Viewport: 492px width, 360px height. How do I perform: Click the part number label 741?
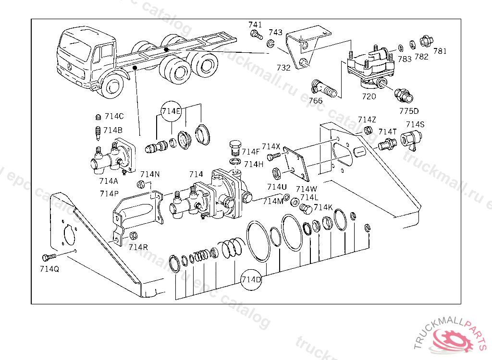[x=255, y=24]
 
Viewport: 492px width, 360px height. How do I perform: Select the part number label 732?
[x=283, y=68]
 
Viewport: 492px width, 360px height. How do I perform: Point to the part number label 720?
[x=369, y=96]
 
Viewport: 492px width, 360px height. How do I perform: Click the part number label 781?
[x=440, y=51]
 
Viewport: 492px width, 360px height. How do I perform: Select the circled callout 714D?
[x=251, y=279]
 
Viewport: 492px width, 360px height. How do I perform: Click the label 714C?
[x=114, y=116]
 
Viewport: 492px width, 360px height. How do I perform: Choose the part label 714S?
[x=415, y=124]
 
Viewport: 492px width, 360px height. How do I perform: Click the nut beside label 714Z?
[x=368, y=130]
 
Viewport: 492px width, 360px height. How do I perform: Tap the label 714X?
[x=271, y=146]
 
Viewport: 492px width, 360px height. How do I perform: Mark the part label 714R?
[x=138, y=247]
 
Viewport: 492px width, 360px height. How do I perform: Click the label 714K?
[x=323, y=207]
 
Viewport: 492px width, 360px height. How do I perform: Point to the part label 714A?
[x=109, y=181]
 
